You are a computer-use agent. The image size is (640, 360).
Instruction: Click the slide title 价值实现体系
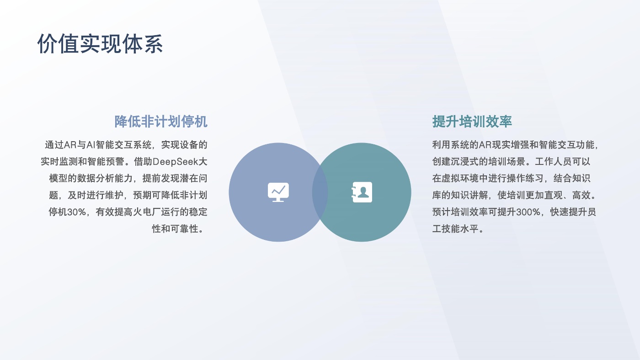[x=100, y=44]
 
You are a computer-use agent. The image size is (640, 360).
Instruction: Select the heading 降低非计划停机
[x=161, y=122]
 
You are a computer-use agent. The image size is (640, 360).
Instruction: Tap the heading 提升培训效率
[x=472, y=122]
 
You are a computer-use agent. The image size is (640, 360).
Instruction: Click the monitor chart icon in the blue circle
[x=278, y=192]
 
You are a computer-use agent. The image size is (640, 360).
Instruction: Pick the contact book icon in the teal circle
[x=362, y=192]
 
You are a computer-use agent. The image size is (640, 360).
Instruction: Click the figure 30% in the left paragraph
[x=77, y=212]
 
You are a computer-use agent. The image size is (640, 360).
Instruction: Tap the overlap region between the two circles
[x=320, y=192]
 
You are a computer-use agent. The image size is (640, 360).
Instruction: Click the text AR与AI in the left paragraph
[x=80, y=145]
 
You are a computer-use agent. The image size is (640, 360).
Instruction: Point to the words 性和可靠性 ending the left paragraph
[x=175, y=229]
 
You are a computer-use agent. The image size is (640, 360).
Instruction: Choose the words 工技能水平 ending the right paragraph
[x=455, y=229]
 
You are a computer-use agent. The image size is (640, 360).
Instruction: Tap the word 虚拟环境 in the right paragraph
[x=460, y=179]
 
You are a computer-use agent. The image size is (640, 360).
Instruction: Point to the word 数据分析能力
[x=105, y=179]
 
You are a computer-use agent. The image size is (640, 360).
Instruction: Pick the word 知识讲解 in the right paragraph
[x=469, y=195]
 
